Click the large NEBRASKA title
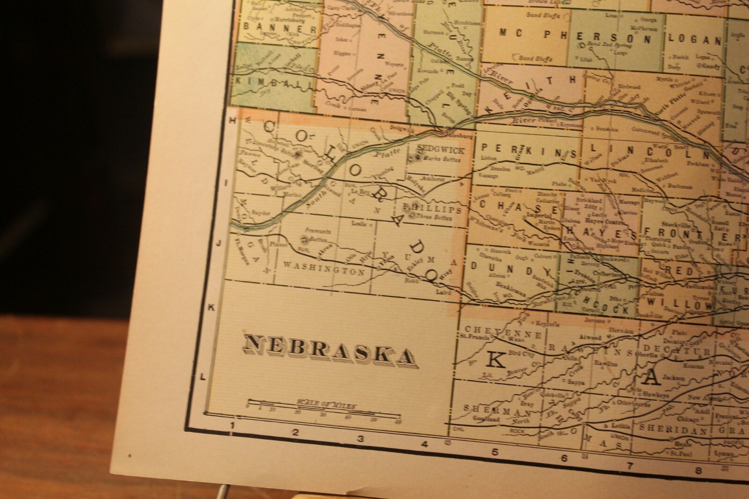tap(330, 350)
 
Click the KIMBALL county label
tap(271, 81)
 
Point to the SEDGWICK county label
tap(441, 150)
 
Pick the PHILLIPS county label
tap(436, 209)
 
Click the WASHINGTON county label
tap(323, 271)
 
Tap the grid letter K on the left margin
tap(211, 307)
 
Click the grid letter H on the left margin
tap(231, 120)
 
